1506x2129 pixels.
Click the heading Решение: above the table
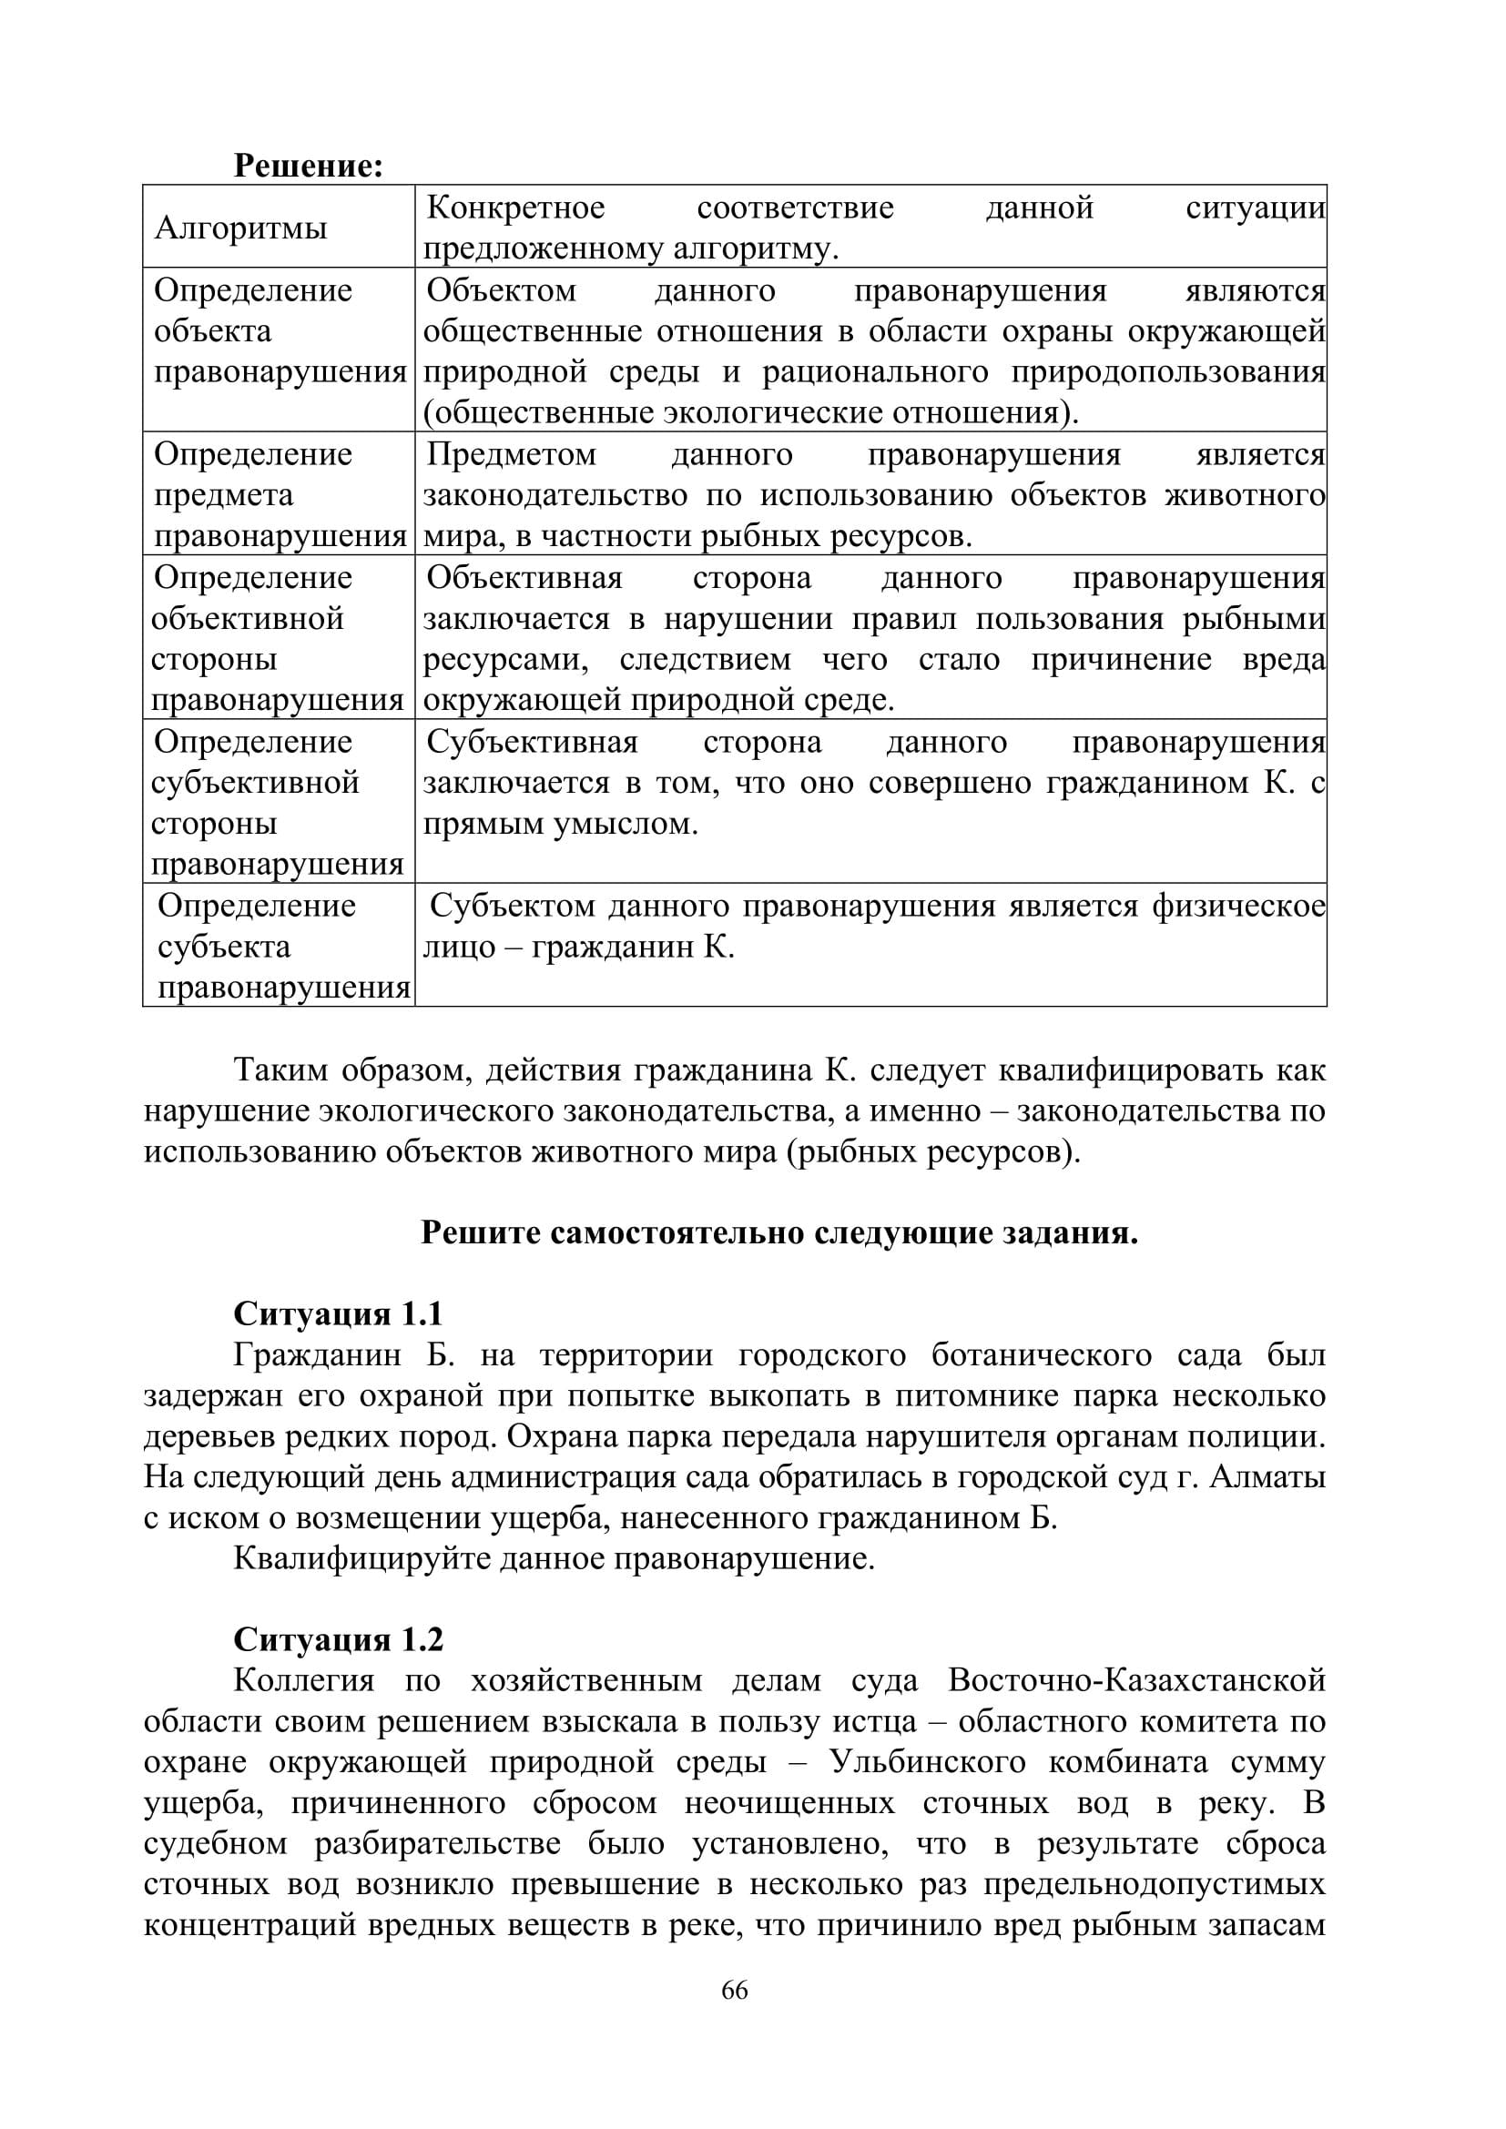tap(308, 166)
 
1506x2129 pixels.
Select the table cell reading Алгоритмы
tap(241, 228)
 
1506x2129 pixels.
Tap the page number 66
tap(735, 1990)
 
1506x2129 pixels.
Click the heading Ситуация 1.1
tap(338, 1314)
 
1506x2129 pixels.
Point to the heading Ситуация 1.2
tap(338, 1639)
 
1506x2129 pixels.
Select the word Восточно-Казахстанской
tap(1137, 1680)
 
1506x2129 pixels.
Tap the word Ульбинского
tap(927, 1762)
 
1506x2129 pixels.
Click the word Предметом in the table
tap(512, 454)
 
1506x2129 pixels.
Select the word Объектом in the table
tap(502, 290)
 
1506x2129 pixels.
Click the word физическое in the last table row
tap(1239, 906)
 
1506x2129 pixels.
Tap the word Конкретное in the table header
tap(515, 208)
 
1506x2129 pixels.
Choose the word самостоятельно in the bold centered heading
tap(679, 1233)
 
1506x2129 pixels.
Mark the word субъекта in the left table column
tap(224, 947)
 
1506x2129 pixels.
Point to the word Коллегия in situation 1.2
tap(304, 1680)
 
